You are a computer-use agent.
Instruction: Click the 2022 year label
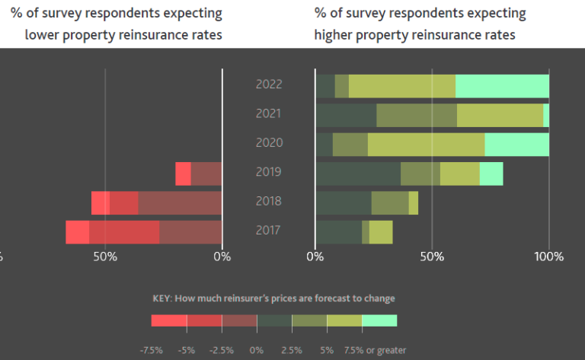click(269, 84)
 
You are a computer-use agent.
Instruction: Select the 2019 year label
click(269, 172)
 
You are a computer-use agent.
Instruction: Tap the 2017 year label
click(269, 231)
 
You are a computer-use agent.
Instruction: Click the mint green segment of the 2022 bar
click(502, 86)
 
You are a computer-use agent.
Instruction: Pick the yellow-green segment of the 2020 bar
click(426, 145)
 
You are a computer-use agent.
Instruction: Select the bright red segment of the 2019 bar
click(183, 174)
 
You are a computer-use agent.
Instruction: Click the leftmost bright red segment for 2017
click(77, 232)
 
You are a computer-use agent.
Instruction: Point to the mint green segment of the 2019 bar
click(491, 174)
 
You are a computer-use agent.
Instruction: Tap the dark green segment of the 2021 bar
click(345, 115)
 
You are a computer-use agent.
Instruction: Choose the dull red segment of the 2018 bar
click(180, 203)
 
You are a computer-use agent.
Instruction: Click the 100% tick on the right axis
click(548, 256)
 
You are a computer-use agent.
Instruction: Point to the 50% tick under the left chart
click(105, 256)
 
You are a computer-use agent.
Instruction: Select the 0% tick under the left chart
click(222, 256)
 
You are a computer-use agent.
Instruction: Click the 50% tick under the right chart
click(432, 256)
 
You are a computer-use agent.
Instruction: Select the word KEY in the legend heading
click(163, 298)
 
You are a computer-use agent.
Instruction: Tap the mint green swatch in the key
click(379, 320)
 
